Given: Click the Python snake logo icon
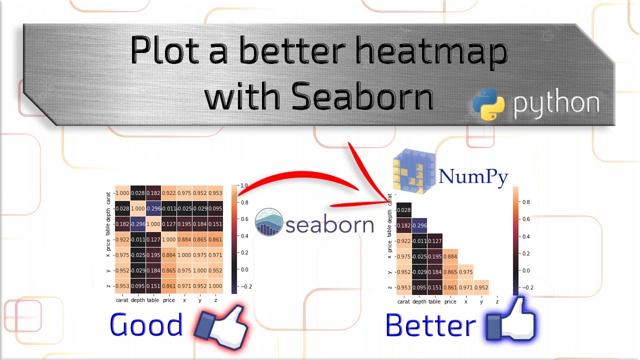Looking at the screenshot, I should pos(488,104).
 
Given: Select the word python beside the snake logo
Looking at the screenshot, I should pos(556,103).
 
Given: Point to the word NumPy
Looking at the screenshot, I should pos(473,176).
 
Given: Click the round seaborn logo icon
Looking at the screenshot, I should pos(269,221).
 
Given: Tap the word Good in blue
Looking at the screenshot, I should pos(146,325).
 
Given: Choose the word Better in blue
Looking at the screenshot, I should pos(430,326).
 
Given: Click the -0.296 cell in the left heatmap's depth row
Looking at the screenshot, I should pos(153,208).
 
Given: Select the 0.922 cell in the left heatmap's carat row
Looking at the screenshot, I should pos(169,193).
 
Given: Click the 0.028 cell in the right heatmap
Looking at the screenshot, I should pos(403,210).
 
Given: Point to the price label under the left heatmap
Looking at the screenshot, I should pos(169,300).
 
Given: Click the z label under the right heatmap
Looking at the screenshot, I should pos(496,302).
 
